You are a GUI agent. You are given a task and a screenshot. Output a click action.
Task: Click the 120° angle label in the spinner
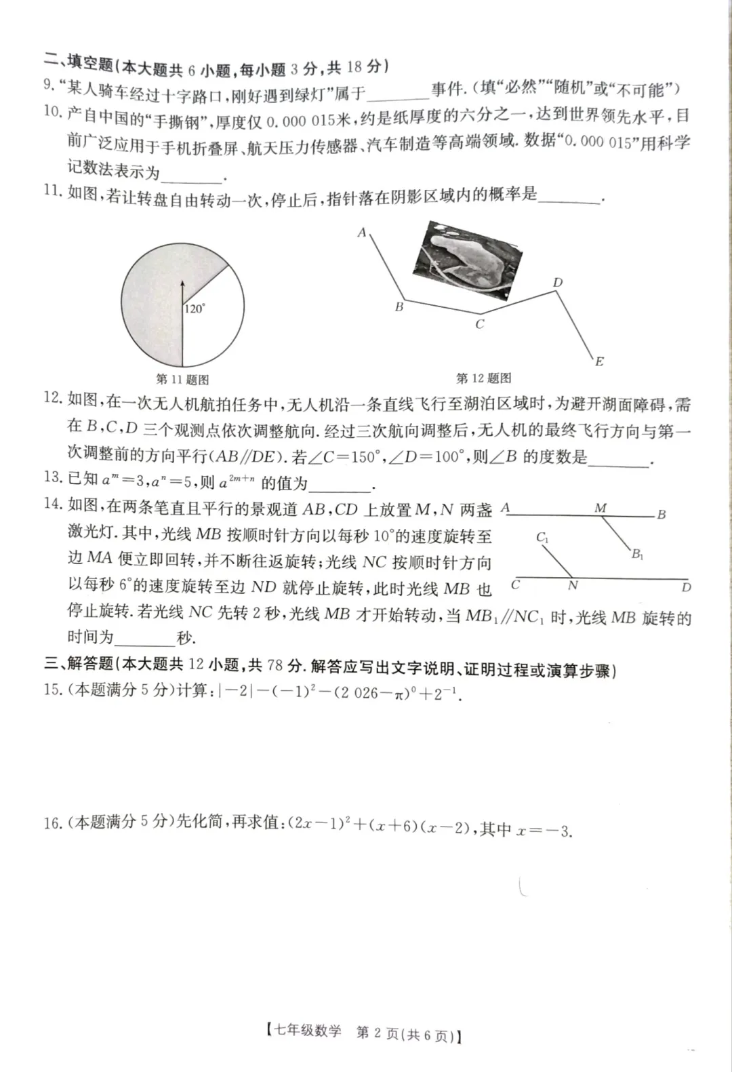point(195,309)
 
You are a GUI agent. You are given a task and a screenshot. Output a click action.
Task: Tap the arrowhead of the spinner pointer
point(182,283)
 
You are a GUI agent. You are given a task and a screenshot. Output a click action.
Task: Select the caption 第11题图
point(182,380)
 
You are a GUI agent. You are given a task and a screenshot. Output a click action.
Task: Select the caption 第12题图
point(483,378)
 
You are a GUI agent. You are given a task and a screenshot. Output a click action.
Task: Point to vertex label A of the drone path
point(362,233)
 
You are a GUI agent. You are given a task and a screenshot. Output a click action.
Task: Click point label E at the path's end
point(599,361)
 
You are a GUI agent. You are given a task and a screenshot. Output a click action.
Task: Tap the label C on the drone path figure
point(479,324)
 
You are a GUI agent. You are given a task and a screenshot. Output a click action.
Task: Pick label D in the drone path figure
point(557,283)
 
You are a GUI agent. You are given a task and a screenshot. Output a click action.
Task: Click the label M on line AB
point(601,508)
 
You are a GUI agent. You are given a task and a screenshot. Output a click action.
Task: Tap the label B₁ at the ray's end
point(638,555)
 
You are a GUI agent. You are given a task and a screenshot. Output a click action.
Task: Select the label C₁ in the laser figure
point(543,538)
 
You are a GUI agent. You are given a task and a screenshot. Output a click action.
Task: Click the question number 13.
point(52,477)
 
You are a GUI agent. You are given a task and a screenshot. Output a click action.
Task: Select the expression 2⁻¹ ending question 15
point(449,693)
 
